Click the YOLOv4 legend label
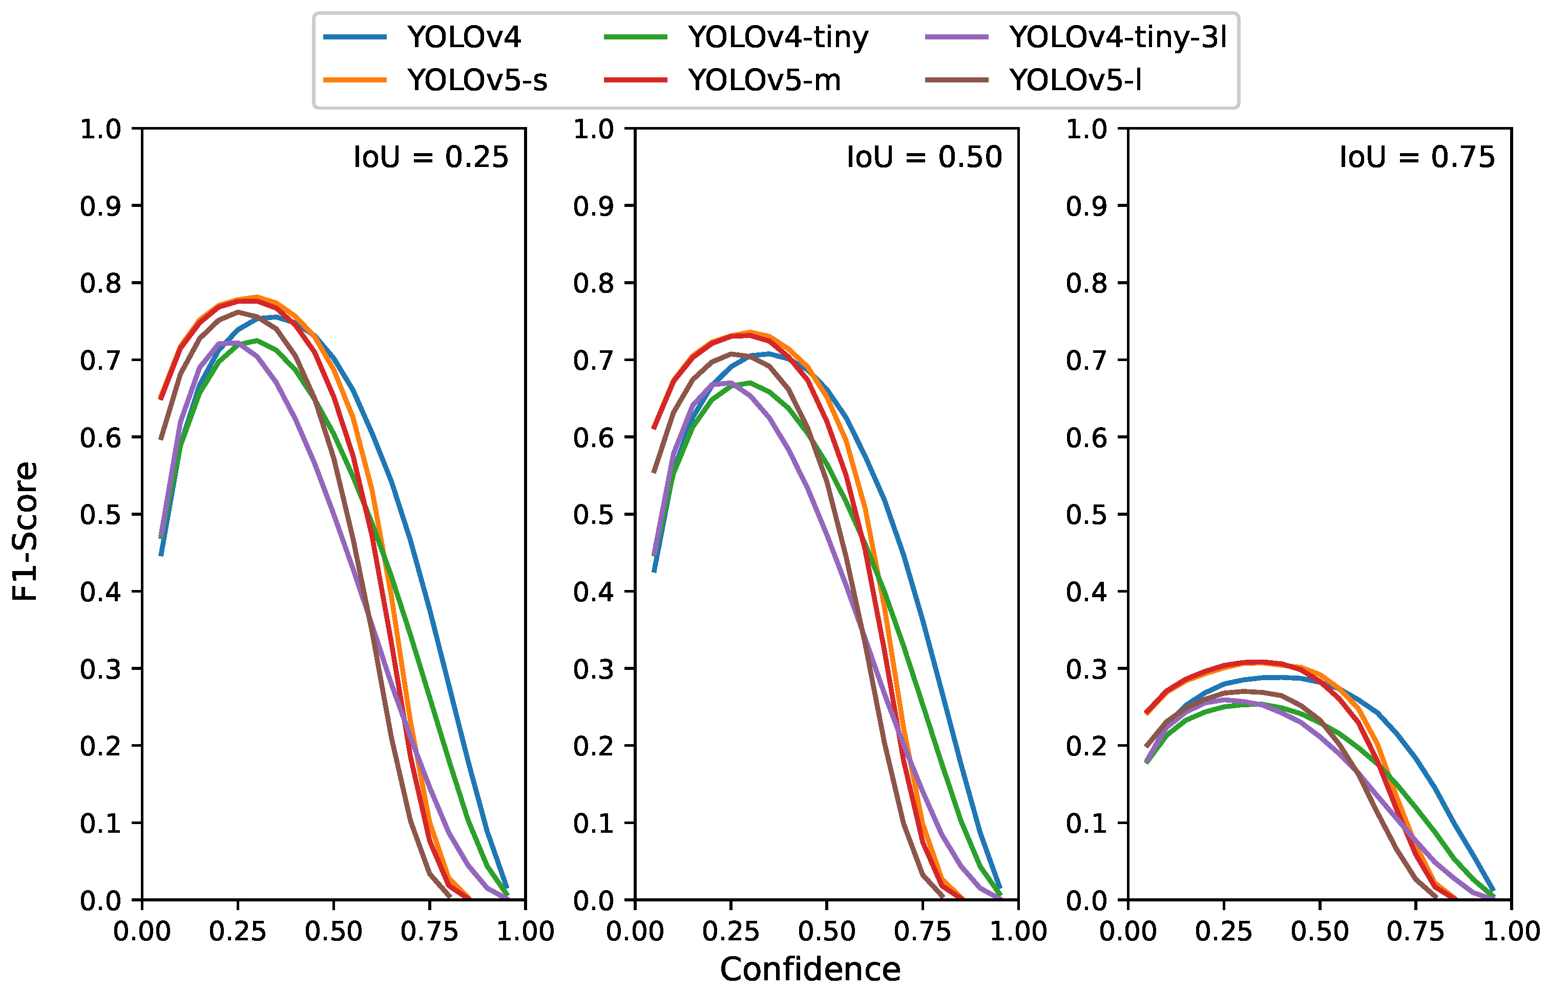[x=464, y=37]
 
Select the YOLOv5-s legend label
[x=477, y=80]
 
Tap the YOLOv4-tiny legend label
[x=778, y=37]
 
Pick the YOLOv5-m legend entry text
[x=764, y=80]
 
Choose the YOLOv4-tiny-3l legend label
[x=1118, y=37]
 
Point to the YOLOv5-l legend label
[x=1076, y=80]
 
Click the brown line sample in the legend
[x=956, y=80]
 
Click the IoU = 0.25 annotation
[x=431, y=158]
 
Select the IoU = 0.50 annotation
[x=924, y=158]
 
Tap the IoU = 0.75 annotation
[x=1417, y=158]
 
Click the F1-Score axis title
[x=26, y=531]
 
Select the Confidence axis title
[x=810, y=970]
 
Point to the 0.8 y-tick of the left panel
[x=100, y=283]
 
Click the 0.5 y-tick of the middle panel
[x=593, y=514]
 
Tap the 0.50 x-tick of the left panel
[x=333, y=932]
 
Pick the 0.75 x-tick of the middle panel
[x=923, y=932]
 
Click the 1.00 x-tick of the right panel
[x=1511, y=932]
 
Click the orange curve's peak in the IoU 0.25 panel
[x=257, y=297]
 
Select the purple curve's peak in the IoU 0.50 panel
[x=730, y=383]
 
